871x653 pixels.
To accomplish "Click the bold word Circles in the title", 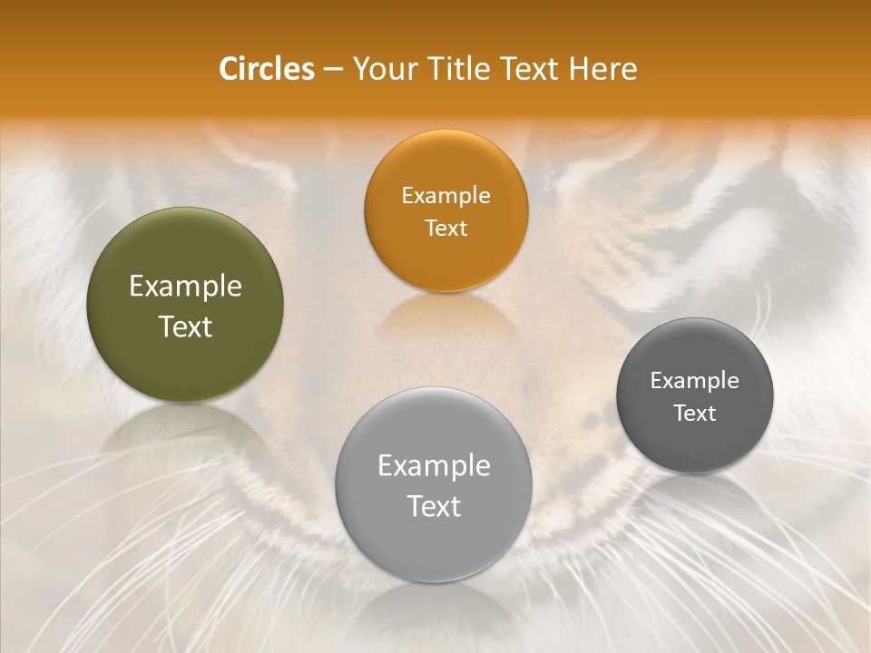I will pos(267,69).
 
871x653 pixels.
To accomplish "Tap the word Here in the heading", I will pos(603,69).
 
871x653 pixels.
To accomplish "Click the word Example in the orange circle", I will pos(445,195).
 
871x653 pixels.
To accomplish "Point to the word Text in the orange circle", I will pos(445,228).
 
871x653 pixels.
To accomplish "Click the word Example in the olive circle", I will pos(185,287).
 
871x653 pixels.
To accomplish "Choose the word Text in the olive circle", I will pos(185,326).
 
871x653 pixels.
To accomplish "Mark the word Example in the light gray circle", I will pos(434,465).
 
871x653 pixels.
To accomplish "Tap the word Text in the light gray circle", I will pos(434,506).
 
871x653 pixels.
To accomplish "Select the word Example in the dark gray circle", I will pos(695,380).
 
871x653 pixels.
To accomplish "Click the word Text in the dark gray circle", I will pos(695,413).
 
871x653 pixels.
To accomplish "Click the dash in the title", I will pos(332,70).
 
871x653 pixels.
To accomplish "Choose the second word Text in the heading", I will pos(530,69).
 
